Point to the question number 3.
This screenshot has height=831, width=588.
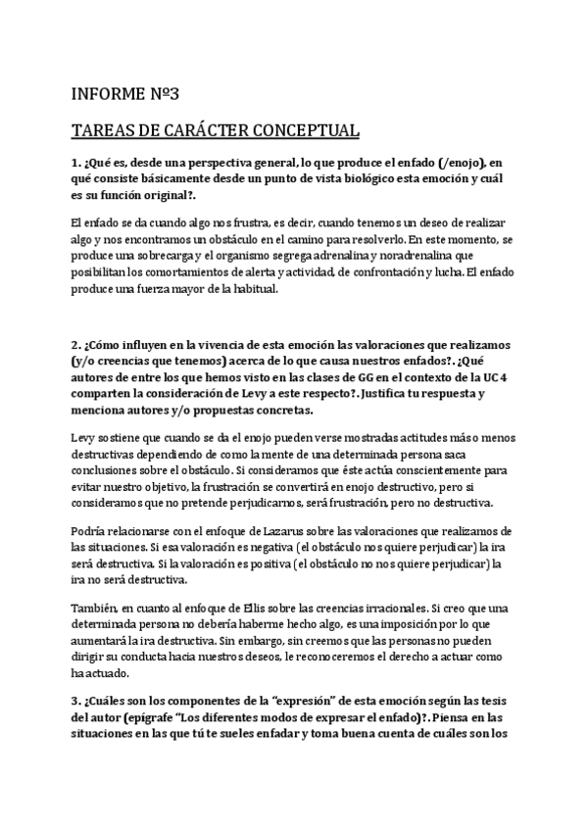click(x=75, y=699)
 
